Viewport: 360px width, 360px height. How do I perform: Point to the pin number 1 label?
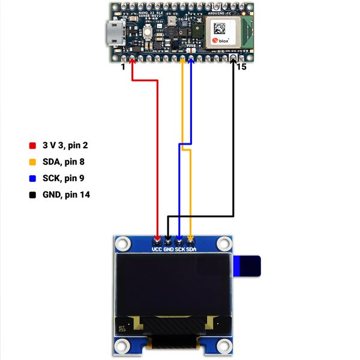click(x=123, y=67)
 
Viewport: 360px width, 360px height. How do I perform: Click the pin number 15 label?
click(x=242, y=67)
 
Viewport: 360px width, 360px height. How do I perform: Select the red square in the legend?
click(x=32, y=146)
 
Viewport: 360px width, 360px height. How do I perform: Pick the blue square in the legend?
click(x=32, y=178)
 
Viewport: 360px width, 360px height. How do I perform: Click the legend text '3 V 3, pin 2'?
click(x=70, y=146)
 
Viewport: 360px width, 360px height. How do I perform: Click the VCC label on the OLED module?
click(x=157, y=248)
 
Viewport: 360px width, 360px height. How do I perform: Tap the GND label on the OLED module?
click(x=169, y=248)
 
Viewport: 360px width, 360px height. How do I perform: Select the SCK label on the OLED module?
click(x=180, y=248)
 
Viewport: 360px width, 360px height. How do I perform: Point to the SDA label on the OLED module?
click(x=191, y=248)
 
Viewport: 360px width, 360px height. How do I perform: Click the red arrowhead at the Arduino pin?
click(x=132, y=62)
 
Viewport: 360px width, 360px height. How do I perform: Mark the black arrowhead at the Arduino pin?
click(x=233, y=62)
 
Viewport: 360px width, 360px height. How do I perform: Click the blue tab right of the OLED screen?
click(x=248, y=266)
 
